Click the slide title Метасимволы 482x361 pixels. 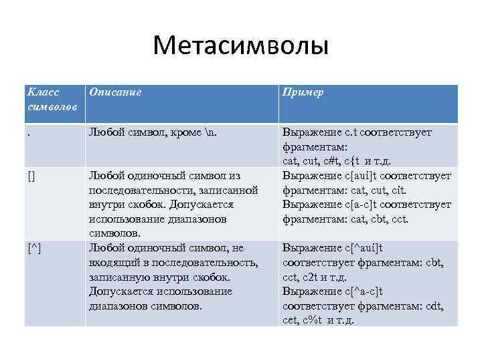coord(240,46)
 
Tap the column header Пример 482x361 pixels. coord(303,92)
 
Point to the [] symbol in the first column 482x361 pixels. coord(32,176)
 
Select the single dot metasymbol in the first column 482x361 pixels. coord(29,134)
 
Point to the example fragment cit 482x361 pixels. coord(398,191)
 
